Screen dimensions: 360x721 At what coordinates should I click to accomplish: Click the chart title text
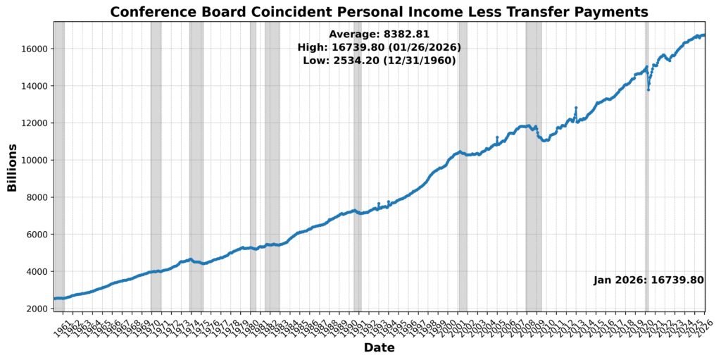click(379, 12)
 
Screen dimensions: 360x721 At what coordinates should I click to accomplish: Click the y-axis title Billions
click(12, 167)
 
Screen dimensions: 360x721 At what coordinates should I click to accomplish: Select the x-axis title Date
click(379, 348)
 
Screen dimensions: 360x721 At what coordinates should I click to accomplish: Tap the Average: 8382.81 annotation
click(379, 34)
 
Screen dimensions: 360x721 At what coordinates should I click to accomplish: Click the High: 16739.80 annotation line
click(379, 47)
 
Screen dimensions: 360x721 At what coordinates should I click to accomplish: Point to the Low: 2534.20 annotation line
click(379, 61)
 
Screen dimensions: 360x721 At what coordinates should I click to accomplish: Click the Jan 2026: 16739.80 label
click(648, 280)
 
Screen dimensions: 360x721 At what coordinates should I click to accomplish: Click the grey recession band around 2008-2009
click(534, 211)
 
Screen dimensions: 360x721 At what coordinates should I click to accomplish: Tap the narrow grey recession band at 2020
click(646, 211)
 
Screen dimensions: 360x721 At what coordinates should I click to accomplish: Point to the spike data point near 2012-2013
click(576, 108)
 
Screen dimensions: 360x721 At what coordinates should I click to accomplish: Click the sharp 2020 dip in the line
click(648, 89)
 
